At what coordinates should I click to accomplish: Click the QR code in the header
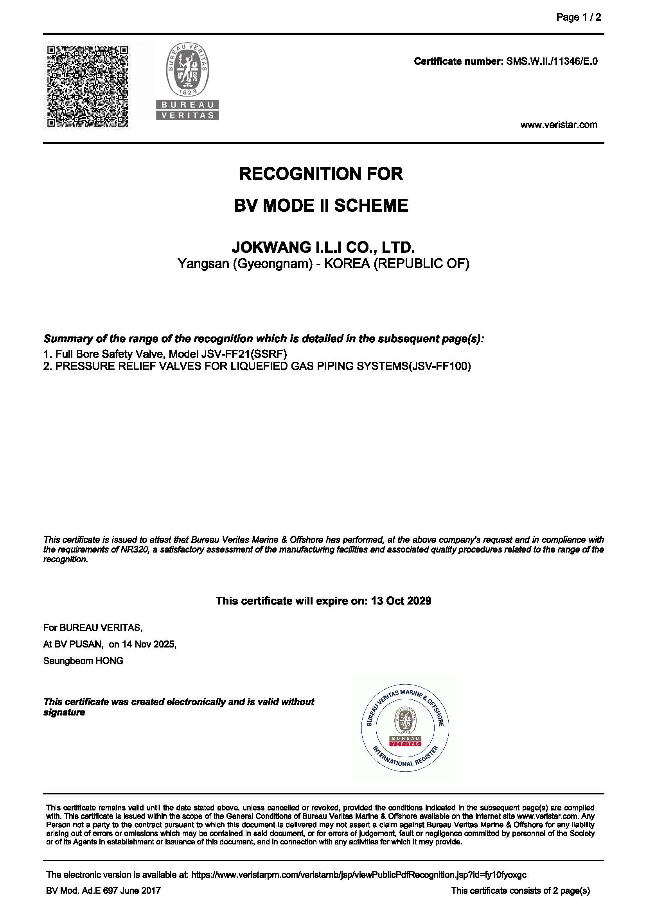click(88, 86)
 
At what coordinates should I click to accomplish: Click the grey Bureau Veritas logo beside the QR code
click(187, 82)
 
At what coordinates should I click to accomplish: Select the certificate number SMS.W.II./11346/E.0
click(552, 61)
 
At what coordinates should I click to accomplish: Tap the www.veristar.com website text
click(559, 125)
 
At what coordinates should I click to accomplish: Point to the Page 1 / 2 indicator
click(579, 17)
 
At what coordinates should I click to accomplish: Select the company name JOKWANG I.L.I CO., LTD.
click(323, 247)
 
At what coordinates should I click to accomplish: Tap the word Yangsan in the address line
click(203, 263)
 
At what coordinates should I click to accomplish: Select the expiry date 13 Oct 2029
click(401, 601)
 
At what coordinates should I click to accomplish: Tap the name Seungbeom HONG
click(83, 661)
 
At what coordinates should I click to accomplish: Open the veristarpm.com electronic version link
click(359, 875)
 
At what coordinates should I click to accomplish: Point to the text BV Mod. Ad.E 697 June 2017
click(104, 891)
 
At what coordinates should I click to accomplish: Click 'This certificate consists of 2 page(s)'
click(520, 891)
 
